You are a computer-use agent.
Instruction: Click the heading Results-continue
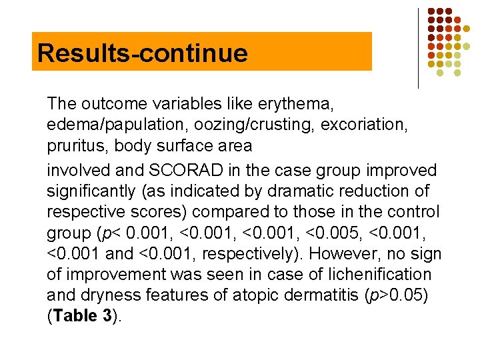coord(142,53)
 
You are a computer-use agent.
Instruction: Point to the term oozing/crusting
coord(218,125)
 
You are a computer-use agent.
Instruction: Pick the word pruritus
coord(72,146)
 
